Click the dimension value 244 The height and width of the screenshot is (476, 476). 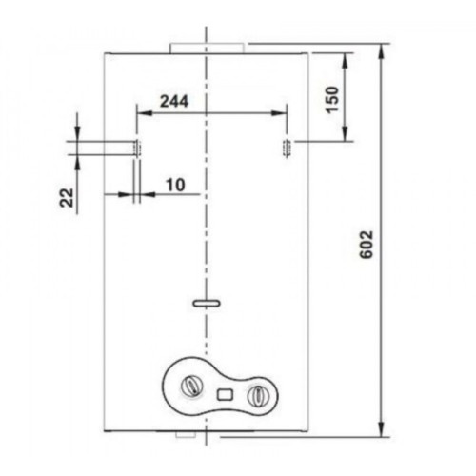pos(174,101)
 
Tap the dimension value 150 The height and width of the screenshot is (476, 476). pos(332,100)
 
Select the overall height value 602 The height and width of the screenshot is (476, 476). pos(367,245)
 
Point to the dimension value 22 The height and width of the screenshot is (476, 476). pos(67,197)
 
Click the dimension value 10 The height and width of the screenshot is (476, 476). pos(175,185)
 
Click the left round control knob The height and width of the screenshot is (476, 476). pos(191,387)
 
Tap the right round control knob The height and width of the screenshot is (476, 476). pos(258,396)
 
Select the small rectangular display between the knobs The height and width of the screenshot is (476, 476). pos(225,395)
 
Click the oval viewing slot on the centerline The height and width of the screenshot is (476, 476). pos(207,304)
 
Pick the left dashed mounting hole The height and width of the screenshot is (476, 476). pos(137,149)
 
